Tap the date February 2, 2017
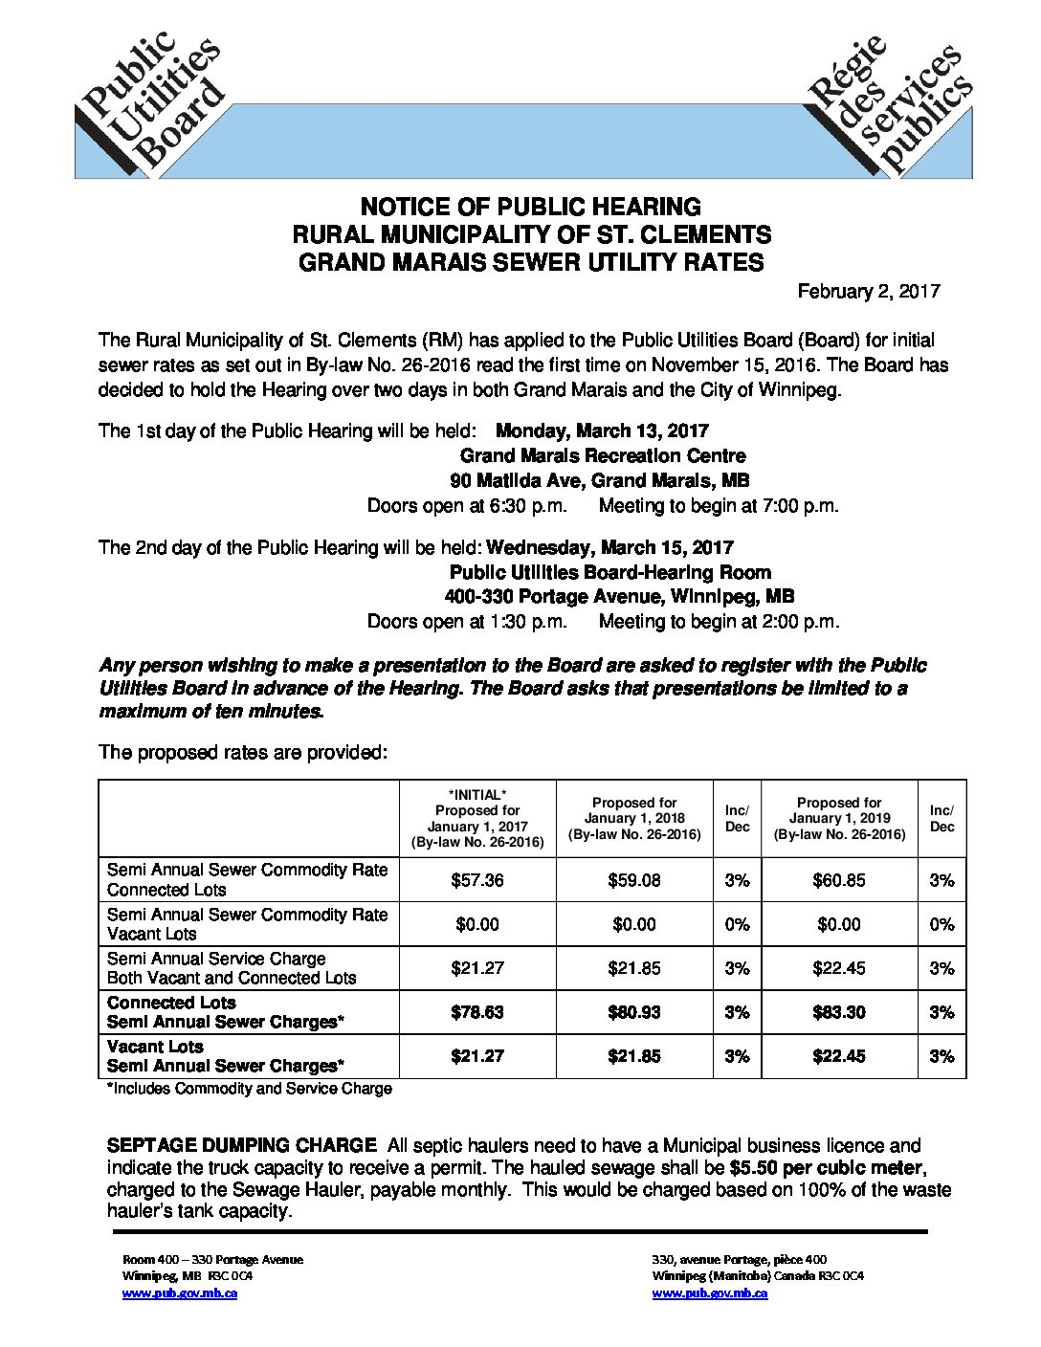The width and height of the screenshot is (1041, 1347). (870, 291)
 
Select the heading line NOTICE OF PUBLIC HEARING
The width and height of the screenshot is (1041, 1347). (530, 207)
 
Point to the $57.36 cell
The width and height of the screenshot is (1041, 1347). (476, 880)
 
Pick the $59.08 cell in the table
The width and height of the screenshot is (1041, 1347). (633, 880)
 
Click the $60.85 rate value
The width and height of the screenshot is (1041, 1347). (838, 880)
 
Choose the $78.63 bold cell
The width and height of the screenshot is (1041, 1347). (476, 1012)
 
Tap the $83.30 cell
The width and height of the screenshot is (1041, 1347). (838, 1012)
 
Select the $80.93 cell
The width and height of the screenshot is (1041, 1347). (633, 1012)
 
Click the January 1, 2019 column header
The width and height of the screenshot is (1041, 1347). (839, 818)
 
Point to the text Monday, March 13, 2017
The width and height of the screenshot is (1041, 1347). (602, 431)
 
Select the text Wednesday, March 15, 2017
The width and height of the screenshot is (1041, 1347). (610, 547)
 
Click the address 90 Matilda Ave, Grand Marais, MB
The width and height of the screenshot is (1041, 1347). (600, 480)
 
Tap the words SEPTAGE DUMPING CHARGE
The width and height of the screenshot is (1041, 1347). (241, 1145)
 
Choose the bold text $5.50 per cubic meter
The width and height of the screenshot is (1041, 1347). (828, 1168)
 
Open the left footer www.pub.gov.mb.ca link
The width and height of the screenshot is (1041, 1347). (180, 1293)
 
